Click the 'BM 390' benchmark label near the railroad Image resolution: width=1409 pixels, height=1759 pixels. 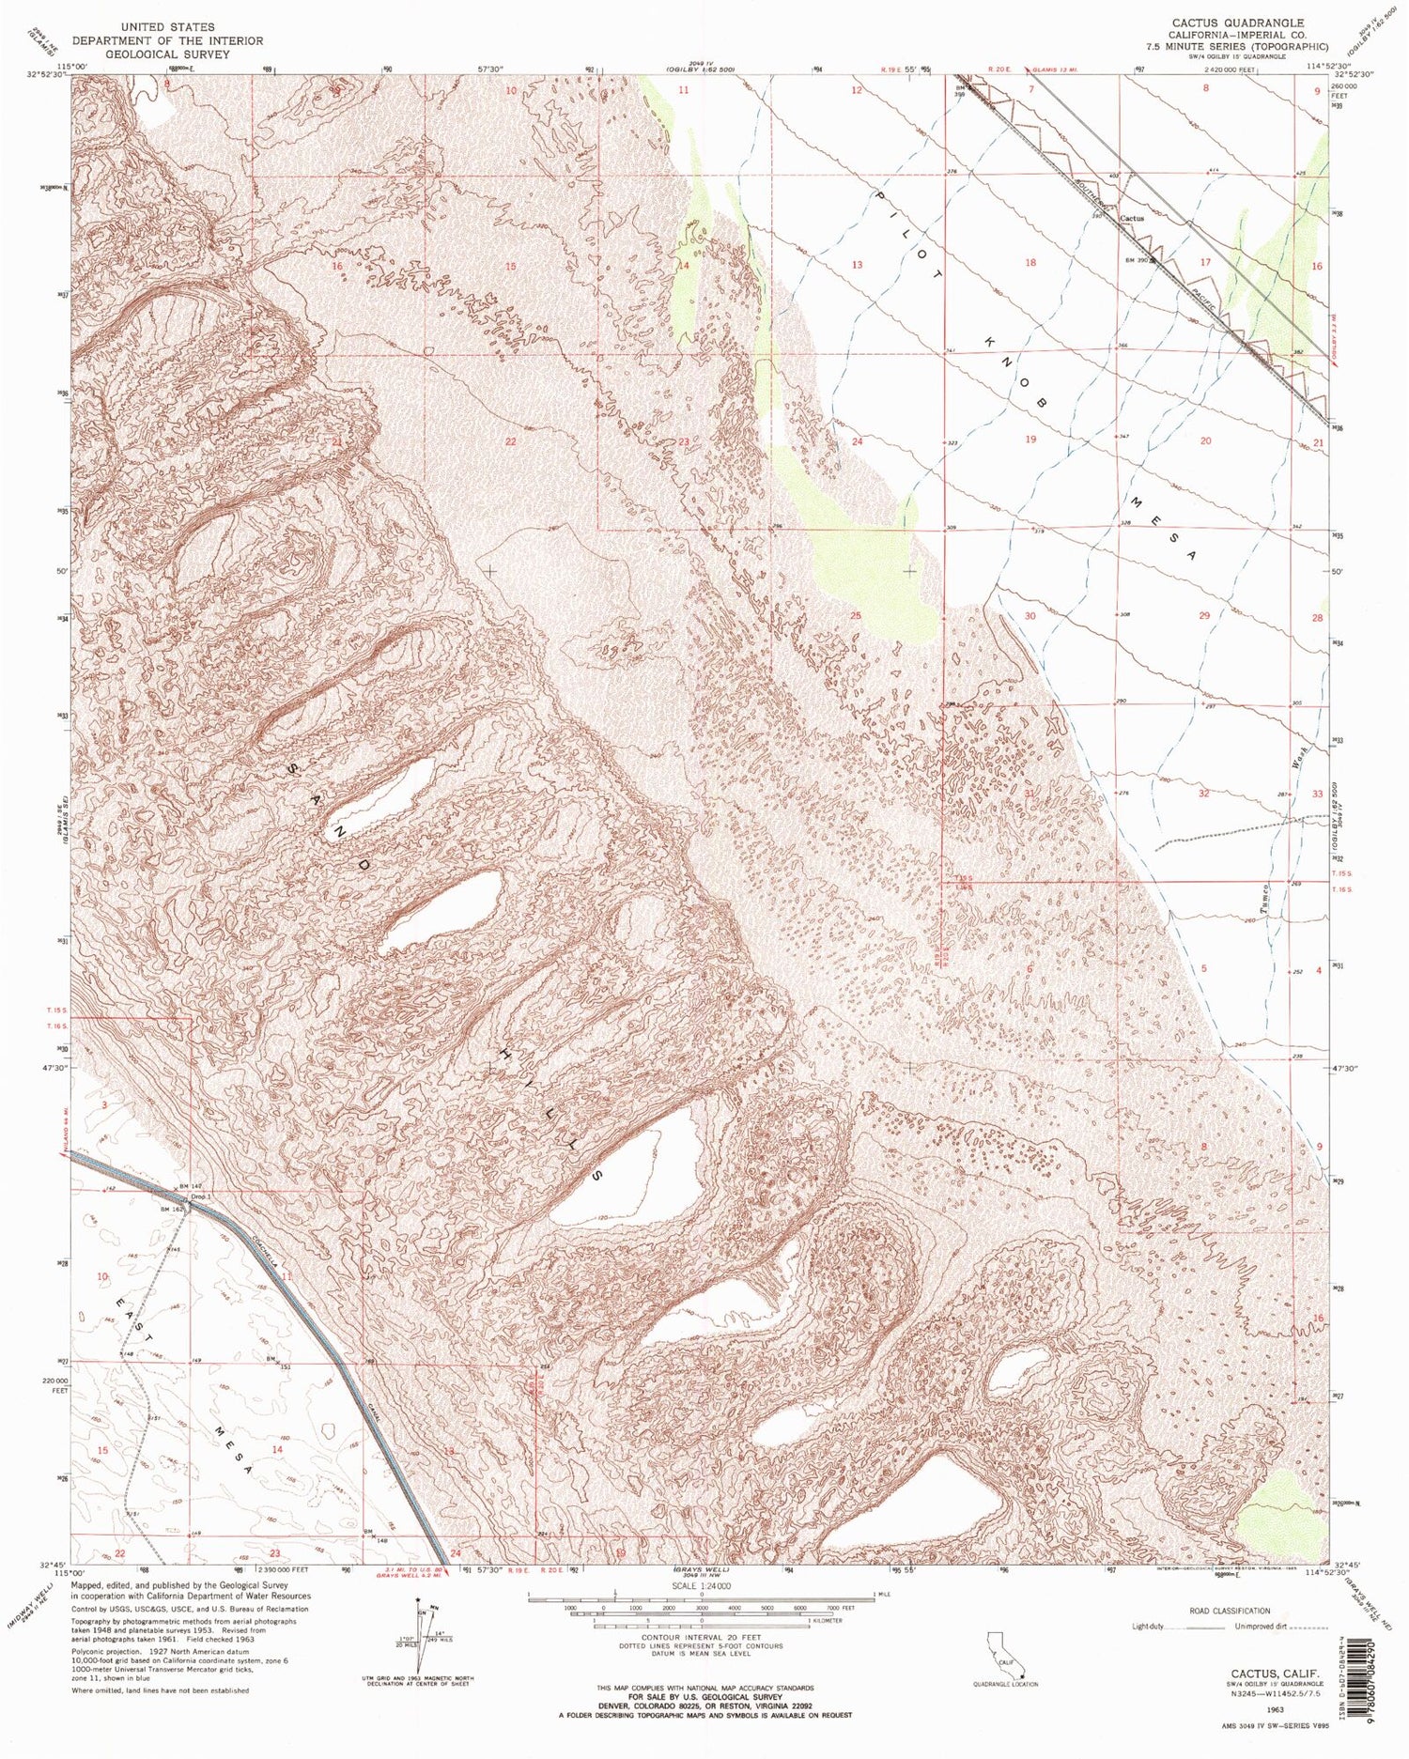pos(1139,260)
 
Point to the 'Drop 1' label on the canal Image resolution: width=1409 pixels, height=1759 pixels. pos(199,1196)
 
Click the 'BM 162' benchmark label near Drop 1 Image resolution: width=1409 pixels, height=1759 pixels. pos(170,1210)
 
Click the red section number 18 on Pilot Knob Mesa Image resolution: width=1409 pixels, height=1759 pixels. pos(1031,263)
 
